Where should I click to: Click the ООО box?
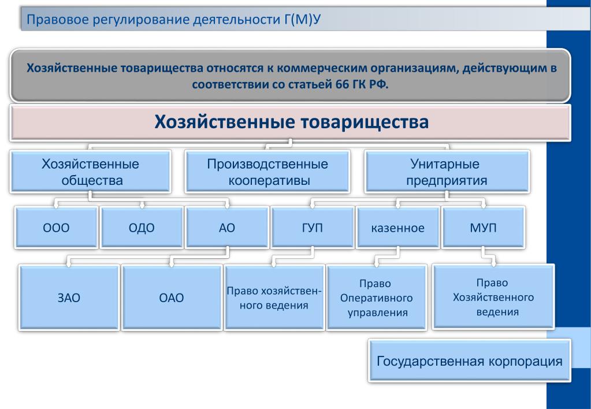(56, 227)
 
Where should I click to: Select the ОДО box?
(142, 227)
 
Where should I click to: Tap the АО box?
(227, 227)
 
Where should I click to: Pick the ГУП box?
(313, 227)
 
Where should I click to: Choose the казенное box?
(398, 227)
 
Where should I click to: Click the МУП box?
(484, 227)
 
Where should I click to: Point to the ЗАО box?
(69, 298)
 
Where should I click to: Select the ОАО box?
(172, 298)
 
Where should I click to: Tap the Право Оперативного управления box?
(377, 298)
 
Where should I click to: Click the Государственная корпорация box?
(470, 360)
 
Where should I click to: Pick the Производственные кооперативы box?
(267, 172)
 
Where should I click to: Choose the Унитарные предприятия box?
(447, 172)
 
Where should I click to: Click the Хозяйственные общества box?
(91, 172)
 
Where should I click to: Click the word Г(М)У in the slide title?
(303, 19)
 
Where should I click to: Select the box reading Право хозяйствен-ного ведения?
(274, 298)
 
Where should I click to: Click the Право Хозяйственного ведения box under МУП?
(493, 297)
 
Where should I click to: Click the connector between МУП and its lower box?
(489, 256)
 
